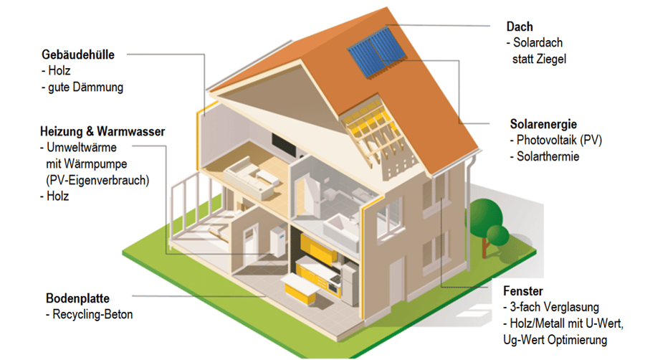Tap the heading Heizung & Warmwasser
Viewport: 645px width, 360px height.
pyautogui.click(x=102, y=132)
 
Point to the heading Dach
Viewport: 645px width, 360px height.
pyautogui.click(x=520, y=27)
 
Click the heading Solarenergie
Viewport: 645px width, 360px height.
pyautogui.click(x=543, y=124)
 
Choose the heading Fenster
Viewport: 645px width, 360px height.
pyautogui.click(x=523, y=291)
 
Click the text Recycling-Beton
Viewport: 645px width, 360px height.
pyautogui.click(x=93, y=314)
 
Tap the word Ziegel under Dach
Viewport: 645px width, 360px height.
pyautogui.click(x=550, y=60)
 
